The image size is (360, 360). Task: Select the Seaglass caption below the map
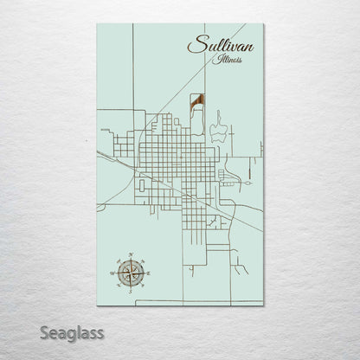(72, 332)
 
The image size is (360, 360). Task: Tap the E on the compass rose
(149, 273)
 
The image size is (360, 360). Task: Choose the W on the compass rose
(112, 273)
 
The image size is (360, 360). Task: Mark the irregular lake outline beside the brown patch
(217, 129)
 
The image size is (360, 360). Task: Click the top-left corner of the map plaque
(98, 24)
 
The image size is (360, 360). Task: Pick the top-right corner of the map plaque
(263, 24)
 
